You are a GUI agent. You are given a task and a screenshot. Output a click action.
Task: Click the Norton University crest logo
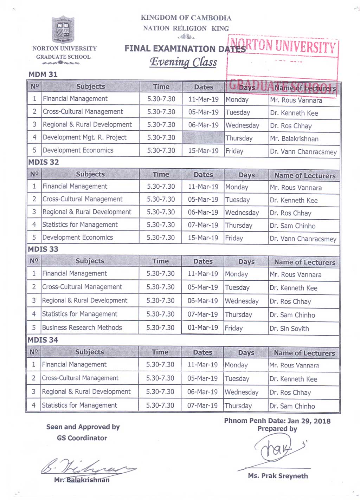coord(63,30)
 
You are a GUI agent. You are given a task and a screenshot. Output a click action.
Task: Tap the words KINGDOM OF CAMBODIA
coord(186,18)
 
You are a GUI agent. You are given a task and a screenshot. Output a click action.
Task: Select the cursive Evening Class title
coord(184,62)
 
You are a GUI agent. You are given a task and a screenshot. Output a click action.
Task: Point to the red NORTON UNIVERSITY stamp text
coord(283,46)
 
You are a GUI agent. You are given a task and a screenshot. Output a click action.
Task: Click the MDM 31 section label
coord(43,74)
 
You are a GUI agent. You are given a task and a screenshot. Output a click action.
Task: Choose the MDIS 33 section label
coord(43,249)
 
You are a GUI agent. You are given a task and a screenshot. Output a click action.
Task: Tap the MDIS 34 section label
coord(43,340)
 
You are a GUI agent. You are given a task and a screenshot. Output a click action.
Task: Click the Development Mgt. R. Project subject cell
coord(84,137)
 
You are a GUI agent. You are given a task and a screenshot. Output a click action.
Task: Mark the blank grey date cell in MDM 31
coord(203,138)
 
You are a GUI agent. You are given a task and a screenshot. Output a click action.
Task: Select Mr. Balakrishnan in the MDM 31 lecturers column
coord(294,139)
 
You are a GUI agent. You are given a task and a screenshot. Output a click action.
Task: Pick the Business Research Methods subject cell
coord(82,327)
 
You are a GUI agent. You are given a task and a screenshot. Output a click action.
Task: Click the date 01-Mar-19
coord(203,327)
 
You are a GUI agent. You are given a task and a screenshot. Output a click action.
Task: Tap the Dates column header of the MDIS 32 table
coord(203,175)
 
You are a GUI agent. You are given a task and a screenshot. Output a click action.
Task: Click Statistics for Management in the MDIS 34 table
coord(79,405)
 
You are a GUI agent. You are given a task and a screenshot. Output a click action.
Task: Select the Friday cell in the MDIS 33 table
coord(234,328)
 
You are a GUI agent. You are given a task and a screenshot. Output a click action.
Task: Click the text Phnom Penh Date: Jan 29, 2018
coord(277,421)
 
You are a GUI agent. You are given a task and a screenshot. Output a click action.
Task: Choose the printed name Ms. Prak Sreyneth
coord(278,476)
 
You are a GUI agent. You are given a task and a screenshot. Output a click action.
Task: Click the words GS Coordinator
coord(82,438)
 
